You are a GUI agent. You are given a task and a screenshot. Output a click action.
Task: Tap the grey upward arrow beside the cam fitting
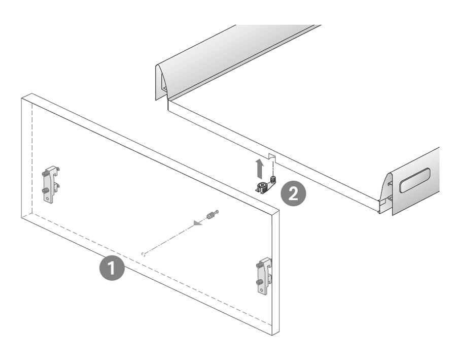(260, 166)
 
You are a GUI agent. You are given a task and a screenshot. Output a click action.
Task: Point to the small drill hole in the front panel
(144, 254)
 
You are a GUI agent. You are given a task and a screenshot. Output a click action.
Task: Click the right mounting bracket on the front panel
(264, 277)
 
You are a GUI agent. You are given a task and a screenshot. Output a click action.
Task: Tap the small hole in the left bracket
(50, 199)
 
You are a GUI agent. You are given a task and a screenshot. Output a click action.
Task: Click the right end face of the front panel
(274, 274)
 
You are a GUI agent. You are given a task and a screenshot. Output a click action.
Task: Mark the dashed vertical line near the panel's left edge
(31, 157)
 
